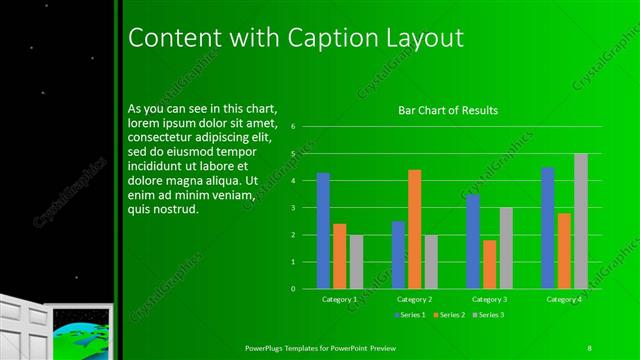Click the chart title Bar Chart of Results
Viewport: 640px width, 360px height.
click(x=448, y=111)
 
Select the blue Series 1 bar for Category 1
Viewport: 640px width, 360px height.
click(x=323, y=230)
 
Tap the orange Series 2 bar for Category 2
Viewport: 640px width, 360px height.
click(x=414, y=229)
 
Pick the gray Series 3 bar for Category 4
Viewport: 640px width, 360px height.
click(x=580, y=221)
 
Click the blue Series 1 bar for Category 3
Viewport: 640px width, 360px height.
click(x=473, y=241)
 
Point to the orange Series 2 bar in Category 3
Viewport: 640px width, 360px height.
click(x=489, y=264)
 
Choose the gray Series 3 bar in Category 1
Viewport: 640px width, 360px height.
click(x=356, y=261)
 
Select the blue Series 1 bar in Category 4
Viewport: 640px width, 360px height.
click(x=548, y=227)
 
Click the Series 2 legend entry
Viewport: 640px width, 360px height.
click(x=450, y=315)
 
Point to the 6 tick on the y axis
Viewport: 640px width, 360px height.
click(x=293, y=127)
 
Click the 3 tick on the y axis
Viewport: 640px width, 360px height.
click(x=293, y=208)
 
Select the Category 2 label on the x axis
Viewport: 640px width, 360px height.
click(x=414, y=299)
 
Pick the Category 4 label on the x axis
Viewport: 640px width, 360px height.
click(x=564, y=299)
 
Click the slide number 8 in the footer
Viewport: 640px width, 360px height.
click(x=590, y=347)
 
